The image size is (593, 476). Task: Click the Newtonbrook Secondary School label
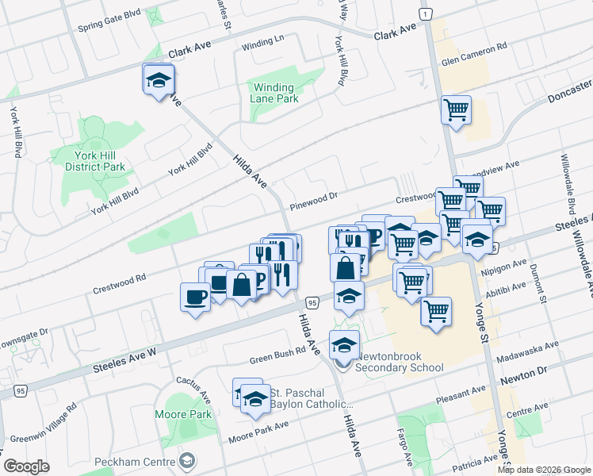pos(399,362)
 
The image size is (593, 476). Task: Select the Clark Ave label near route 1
pos(396,31)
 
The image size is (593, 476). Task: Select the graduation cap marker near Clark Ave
pos(159,79)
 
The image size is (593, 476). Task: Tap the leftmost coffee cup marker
pos(194,297)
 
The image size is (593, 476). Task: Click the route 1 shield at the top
pos(427,14)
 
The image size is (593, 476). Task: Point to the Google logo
pos(26,466)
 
